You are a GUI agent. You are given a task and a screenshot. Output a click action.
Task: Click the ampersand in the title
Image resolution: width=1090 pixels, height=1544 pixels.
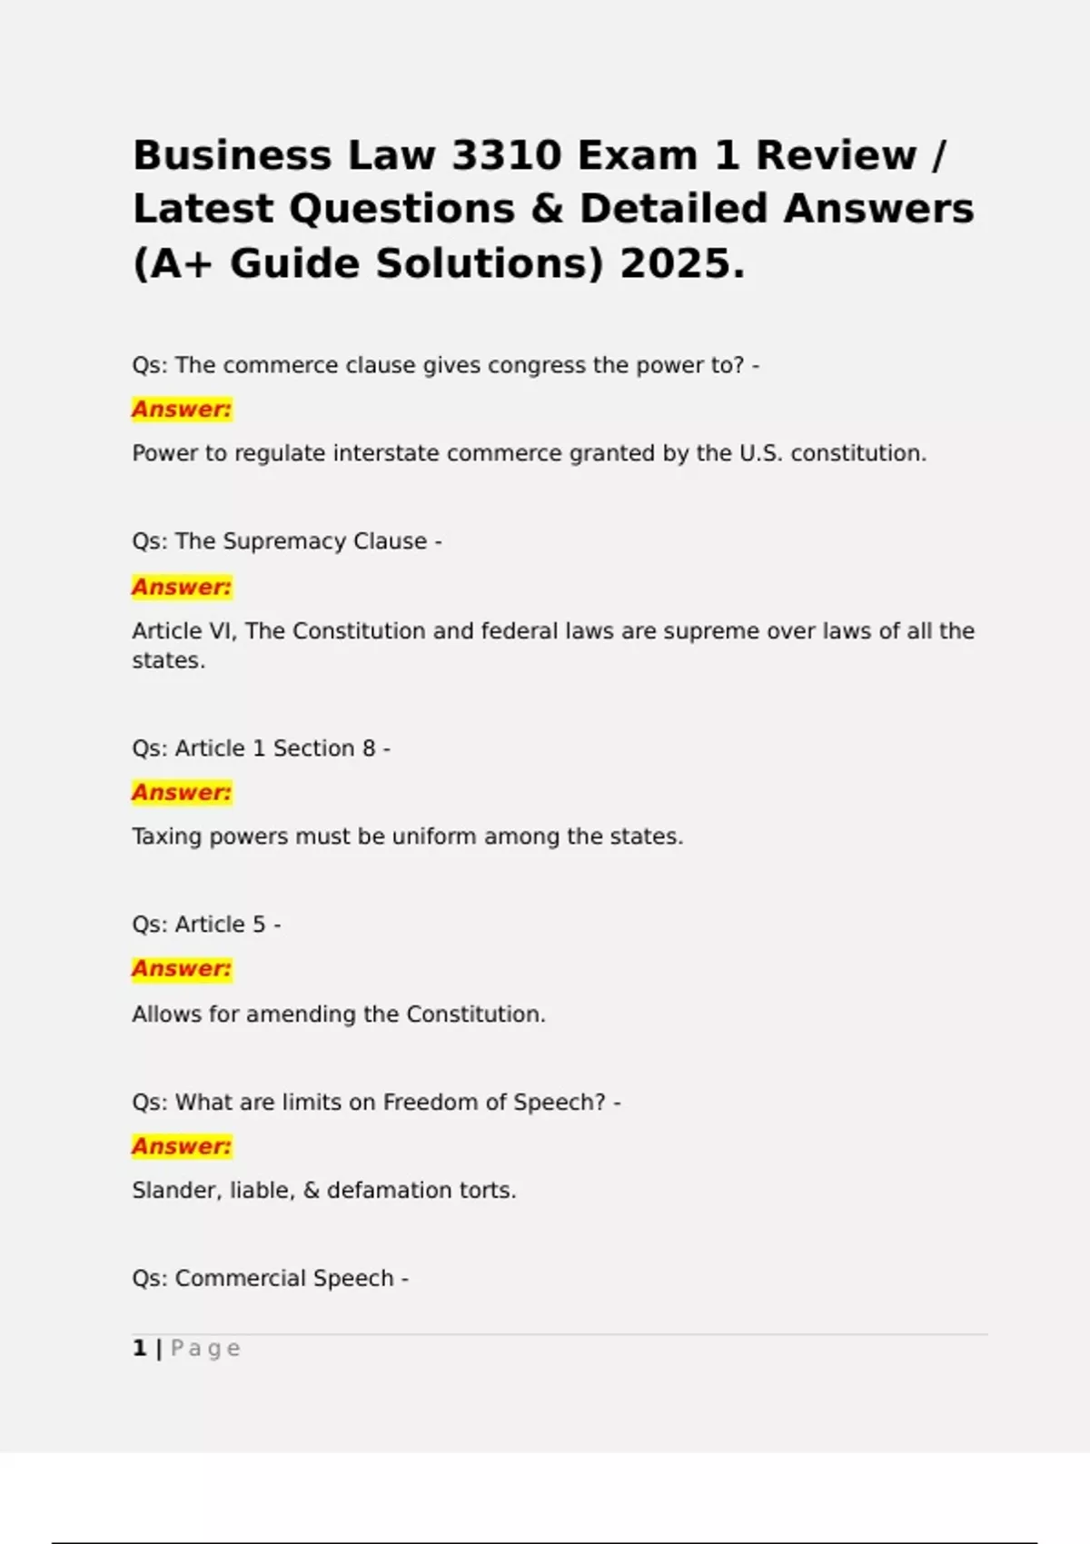pos(548,209)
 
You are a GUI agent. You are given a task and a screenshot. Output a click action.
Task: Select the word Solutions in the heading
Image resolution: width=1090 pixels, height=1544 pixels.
pos(490,263)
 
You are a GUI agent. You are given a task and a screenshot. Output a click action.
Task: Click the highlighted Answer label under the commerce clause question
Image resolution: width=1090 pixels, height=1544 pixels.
pos(182,410)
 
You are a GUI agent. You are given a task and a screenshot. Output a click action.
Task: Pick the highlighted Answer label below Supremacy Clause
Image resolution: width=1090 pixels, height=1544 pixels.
pos(182,587)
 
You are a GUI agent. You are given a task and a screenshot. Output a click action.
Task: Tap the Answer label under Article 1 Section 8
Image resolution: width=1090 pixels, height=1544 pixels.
pos(182,793)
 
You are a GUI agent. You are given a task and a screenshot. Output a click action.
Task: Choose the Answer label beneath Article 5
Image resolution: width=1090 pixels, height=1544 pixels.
pos(182,969)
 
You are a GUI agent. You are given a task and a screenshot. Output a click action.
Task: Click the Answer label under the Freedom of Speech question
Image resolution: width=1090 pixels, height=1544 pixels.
pos(182,1146)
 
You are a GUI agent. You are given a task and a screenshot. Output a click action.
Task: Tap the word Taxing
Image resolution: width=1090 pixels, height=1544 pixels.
pos(167,836)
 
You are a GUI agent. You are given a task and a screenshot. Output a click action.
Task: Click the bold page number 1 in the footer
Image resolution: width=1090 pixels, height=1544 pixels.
pos(139,1348)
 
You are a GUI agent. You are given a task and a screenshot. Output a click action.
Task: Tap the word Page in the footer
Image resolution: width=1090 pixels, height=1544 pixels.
pos(205,1349)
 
